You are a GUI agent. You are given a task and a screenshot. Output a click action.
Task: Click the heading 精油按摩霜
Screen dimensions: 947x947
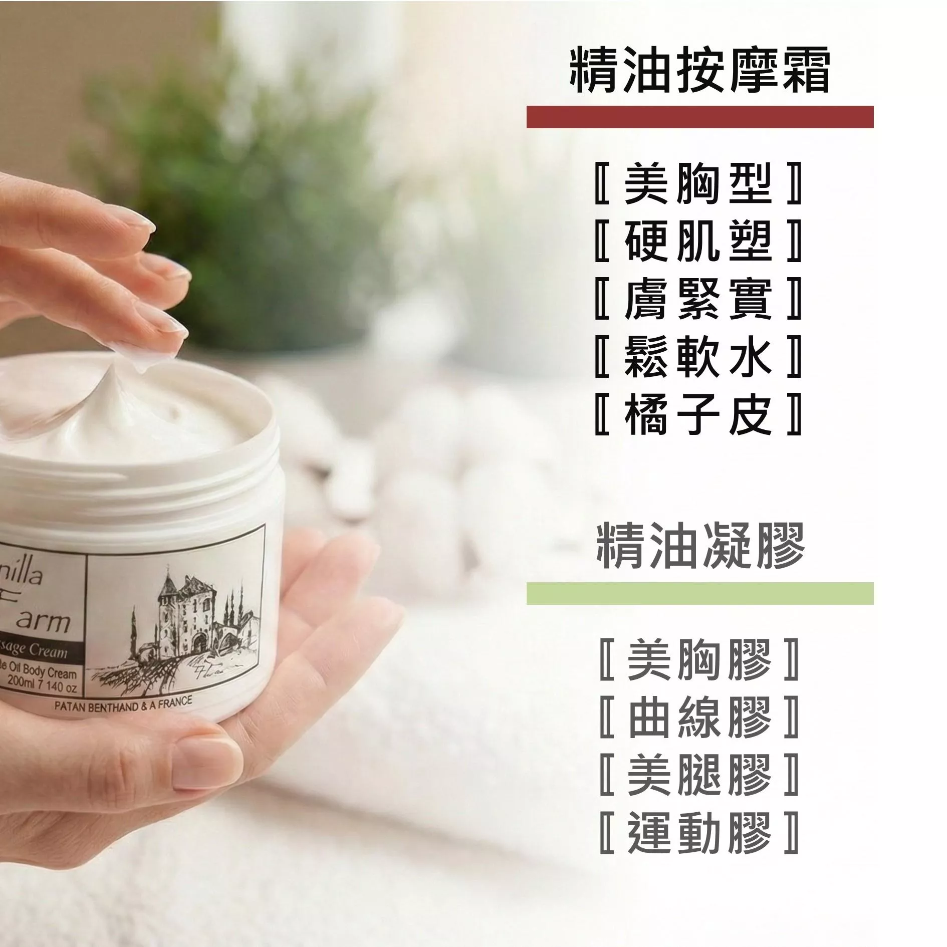pos(699,70)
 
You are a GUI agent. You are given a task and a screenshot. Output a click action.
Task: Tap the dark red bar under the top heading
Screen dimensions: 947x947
pos(699,117)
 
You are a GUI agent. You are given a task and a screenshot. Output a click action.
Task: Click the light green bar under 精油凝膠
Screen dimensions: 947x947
pos(699,593)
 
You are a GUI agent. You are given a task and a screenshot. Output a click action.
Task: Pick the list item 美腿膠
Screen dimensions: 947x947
pos(699,774)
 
